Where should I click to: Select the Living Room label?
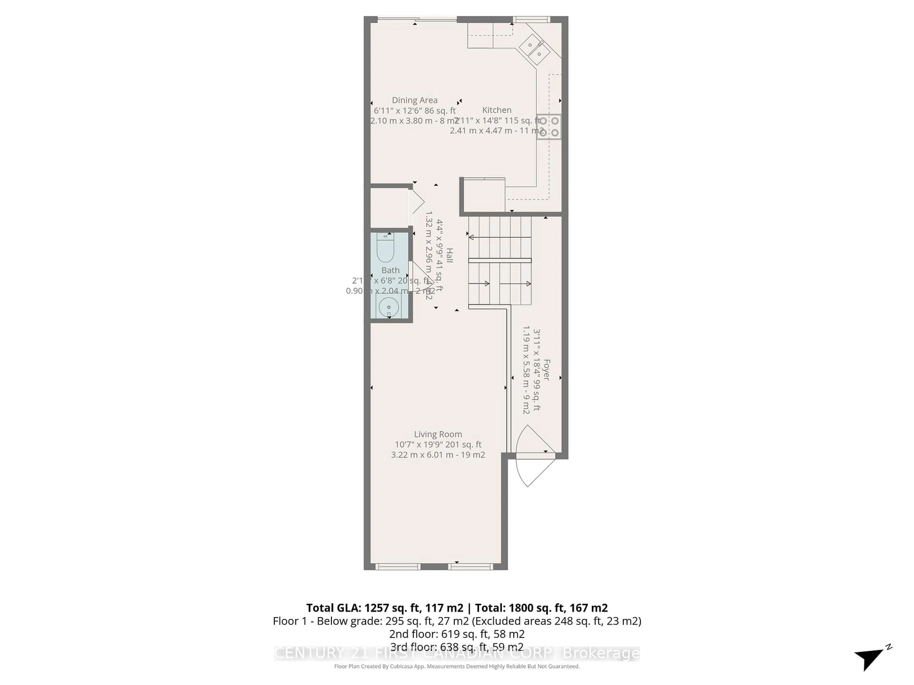click(437, 434)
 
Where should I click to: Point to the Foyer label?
click(546, 370)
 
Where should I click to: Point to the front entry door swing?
click(533, 471)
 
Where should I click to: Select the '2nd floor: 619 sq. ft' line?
click(457, 634)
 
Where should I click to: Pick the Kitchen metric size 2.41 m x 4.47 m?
click(497, 131)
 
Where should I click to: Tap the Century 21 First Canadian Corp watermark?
click(457, 653)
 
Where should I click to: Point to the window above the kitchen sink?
click(531, 19)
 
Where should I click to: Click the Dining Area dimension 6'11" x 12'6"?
click(414, 111)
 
